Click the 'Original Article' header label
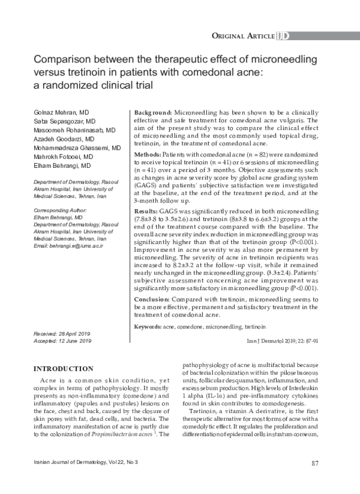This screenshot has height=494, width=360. [243, 36]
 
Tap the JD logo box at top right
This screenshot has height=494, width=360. [283, 36]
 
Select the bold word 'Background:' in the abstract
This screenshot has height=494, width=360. [152, 113]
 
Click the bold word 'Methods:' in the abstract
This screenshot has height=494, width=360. [147, 155]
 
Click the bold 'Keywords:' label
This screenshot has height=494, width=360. [148, 328]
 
